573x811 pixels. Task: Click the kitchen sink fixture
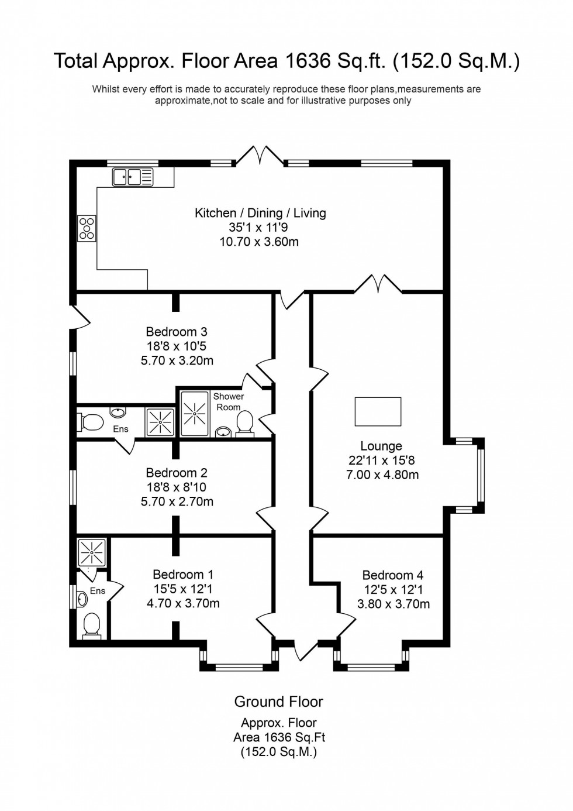(x=133, y=176)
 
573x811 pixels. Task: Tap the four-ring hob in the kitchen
(x=87, y=228)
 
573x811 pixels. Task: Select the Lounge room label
(x=381, y=446)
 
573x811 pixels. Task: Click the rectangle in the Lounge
(x=378, y=411)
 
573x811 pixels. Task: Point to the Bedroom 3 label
(x=177, y=332)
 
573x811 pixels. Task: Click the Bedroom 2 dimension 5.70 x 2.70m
(x=177, y=501)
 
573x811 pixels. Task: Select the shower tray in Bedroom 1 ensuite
(x=91, y=552)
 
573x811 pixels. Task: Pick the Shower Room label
(x=229, y=401)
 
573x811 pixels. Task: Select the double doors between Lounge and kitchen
(x=378, y=284)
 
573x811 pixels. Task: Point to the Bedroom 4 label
(x=393, y=575)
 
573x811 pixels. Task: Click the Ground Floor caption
(x=278, y=702)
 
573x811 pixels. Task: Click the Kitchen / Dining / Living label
(x=260, y=213)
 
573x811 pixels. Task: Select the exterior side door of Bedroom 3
(x=80, y=317)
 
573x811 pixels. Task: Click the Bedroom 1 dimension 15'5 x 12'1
(x=182, y=589)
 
